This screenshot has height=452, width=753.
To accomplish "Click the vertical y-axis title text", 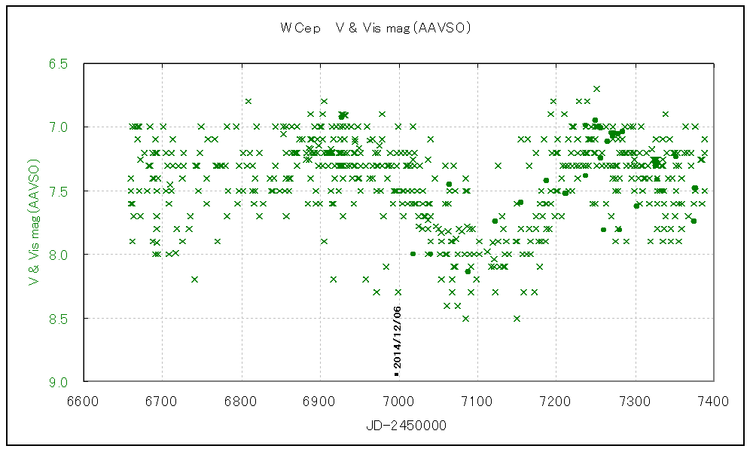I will [x=34, y=222].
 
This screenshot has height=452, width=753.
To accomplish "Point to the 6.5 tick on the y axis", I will [x=60, y=64].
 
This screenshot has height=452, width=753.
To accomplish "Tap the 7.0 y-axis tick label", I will [x=60, y=127].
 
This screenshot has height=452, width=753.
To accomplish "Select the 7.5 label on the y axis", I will [x=60, y=191].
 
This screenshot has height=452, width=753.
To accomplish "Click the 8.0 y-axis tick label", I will [x=60, y=255].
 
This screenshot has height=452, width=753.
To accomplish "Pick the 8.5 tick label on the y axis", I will [x=60, y=319].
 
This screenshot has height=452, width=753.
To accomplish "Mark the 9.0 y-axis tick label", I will [x=60, y=382].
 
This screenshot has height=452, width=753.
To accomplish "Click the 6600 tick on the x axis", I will [x=84, y=401].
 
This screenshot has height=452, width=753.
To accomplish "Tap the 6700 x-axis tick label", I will [x=163, y=401].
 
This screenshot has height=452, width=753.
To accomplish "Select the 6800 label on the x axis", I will [x=241, y=401].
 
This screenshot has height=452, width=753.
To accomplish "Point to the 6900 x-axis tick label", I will [x=320, y=401].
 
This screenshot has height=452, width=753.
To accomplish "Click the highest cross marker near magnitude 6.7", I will [x=596, y=89].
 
